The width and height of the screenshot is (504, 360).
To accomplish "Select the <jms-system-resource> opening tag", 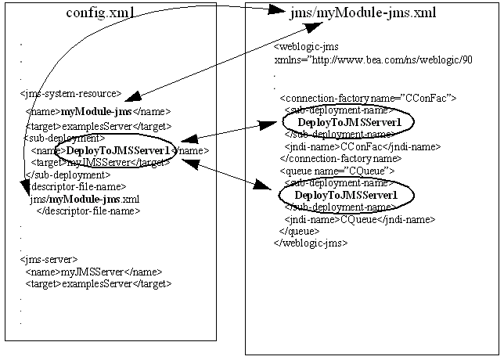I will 70,93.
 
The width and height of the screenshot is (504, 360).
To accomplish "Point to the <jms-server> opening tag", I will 49,259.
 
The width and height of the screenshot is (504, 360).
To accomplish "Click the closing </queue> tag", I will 301,231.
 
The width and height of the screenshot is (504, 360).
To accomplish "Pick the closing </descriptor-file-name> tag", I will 88,211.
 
